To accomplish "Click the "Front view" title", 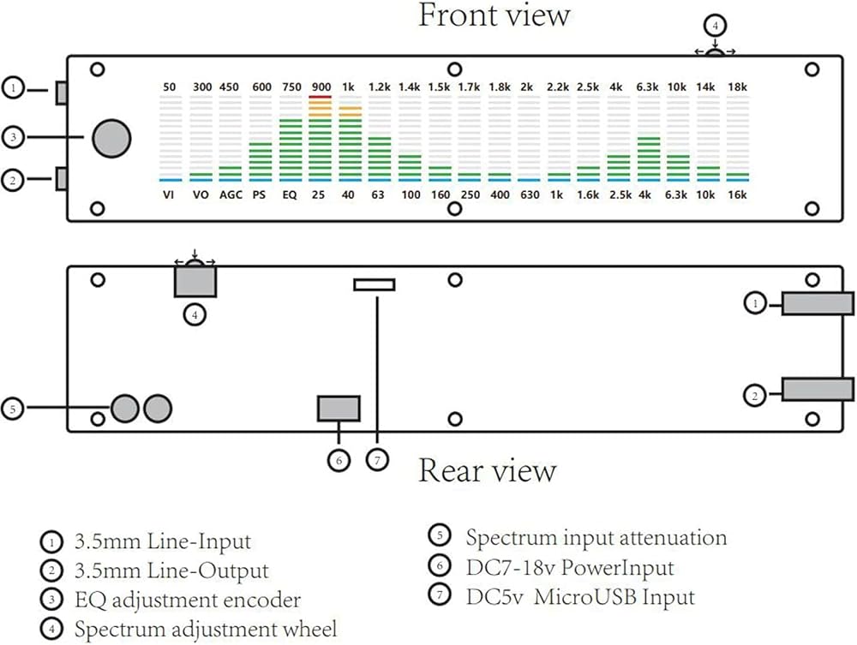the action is click(494, 15).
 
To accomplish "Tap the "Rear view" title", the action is click(487, 470).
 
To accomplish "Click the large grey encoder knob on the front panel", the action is click(111, 138).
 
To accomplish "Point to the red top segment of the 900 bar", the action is click(320, 97).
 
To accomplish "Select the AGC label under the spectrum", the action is click(231, 194).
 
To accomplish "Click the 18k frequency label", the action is click(737, 87).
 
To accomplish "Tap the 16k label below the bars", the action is click(737, 194).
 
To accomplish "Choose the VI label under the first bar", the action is click(168, 194).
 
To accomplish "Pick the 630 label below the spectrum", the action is click(530, 194).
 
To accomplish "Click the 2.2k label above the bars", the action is click(558, 87).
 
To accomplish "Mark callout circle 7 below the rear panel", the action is click(377, 460).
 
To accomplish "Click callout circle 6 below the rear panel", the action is click(339, 460).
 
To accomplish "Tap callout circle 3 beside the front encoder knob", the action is click(14, 136).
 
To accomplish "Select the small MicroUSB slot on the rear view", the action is click(375, 284).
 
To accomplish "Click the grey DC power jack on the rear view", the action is click(339, 409).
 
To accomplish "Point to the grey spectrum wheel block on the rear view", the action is click(195, 282).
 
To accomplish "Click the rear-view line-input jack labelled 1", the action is click(818, 304).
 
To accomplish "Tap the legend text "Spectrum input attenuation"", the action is click(596, 538).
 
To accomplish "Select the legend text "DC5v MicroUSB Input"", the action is click(580, 596).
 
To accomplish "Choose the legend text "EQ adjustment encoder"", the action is click(188, 600).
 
